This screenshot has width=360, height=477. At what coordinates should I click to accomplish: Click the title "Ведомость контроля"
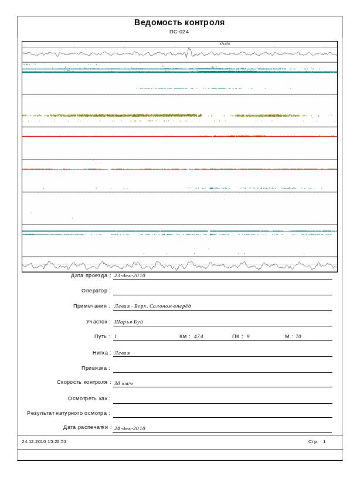pyautogui.click(x=179, y=23)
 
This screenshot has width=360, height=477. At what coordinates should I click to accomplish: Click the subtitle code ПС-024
pyautogui.click(x=179, y=32)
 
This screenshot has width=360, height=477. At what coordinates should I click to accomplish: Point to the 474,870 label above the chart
pyautogui.click(x=225, y=44)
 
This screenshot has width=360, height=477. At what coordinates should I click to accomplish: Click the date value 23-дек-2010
pyautogui.click(x=130, y=275)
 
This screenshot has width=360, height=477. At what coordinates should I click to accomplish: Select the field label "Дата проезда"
pyautogui.click(x=90, y=275)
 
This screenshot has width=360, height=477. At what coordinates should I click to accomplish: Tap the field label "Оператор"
pyautogui.click(x=96, y=291)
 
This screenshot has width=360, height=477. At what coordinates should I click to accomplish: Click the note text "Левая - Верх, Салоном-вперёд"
pyautogui.click(x=152, y=306)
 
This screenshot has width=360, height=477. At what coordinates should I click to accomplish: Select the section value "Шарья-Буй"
pyautogui.click(x=128, y=322)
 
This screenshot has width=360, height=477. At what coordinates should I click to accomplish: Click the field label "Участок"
pyautogui.click(x=97, y=322)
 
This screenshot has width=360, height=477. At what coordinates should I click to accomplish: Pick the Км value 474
pyautogui.click(x=198, y=336)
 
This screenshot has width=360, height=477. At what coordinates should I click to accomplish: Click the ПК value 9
pyautogui.click(x=248, y=336)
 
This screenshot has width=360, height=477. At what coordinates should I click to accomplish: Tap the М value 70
pyautogui.click(x=298, y=336)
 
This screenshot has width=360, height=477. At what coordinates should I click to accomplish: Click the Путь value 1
pyautogui.click(x=116, y=336)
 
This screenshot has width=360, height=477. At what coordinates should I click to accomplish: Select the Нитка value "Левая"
pyautogui.click(x=121, y=353)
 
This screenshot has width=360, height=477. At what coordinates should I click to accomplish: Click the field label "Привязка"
pyautogui.click(x=96, y=368)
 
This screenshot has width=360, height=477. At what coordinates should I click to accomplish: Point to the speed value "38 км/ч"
pyautogui.click(x=124, y=383)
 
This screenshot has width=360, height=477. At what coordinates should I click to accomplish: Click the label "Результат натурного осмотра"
pyautogui.click(x=68, y=413)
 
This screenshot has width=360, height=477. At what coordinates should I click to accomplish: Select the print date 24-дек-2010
pyautogui.click(x=130, y=428)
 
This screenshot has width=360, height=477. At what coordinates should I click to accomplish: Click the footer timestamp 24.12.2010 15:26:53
pyautogui.click(x=44, y=441)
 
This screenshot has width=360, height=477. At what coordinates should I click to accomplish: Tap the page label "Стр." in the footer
pyautogui.click(x=313, y=441)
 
